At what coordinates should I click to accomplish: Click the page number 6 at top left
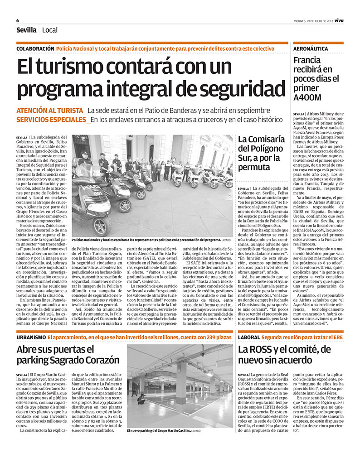click(17, 20)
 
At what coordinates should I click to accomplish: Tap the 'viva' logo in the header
click(339, 20)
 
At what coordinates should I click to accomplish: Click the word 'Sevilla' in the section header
click(26, 30)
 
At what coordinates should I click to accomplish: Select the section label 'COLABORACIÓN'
click(35, 48)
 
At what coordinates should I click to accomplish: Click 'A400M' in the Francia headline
click(307, 97)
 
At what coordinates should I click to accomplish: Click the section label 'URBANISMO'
click(31, 337)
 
